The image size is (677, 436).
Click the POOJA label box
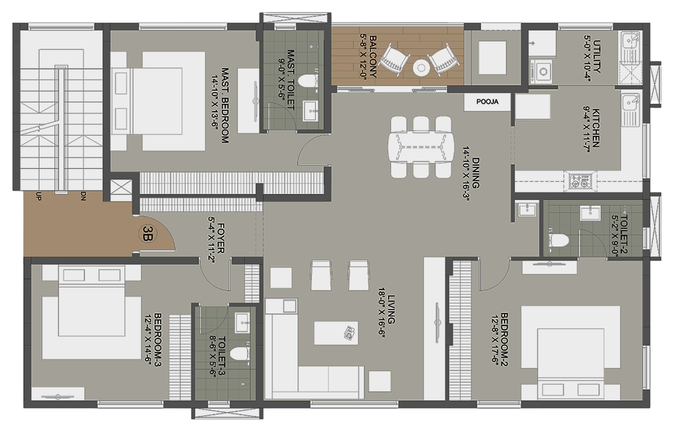488,102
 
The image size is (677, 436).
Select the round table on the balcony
421,67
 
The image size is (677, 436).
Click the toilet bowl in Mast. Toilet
309,81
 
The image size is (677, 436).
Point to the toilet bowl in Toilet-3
239,354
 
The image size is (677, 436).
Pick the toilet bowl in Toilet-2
558,240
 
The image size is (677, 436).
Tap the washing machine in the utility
542,71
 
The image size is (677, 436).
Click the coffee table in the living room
336,333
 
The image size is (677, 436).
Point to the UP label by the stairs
39,197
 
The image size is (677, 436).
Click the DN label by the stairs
83,197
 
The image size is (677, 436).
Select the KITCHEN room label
595,128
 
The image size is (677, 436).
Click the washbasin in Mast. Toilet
311,111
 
